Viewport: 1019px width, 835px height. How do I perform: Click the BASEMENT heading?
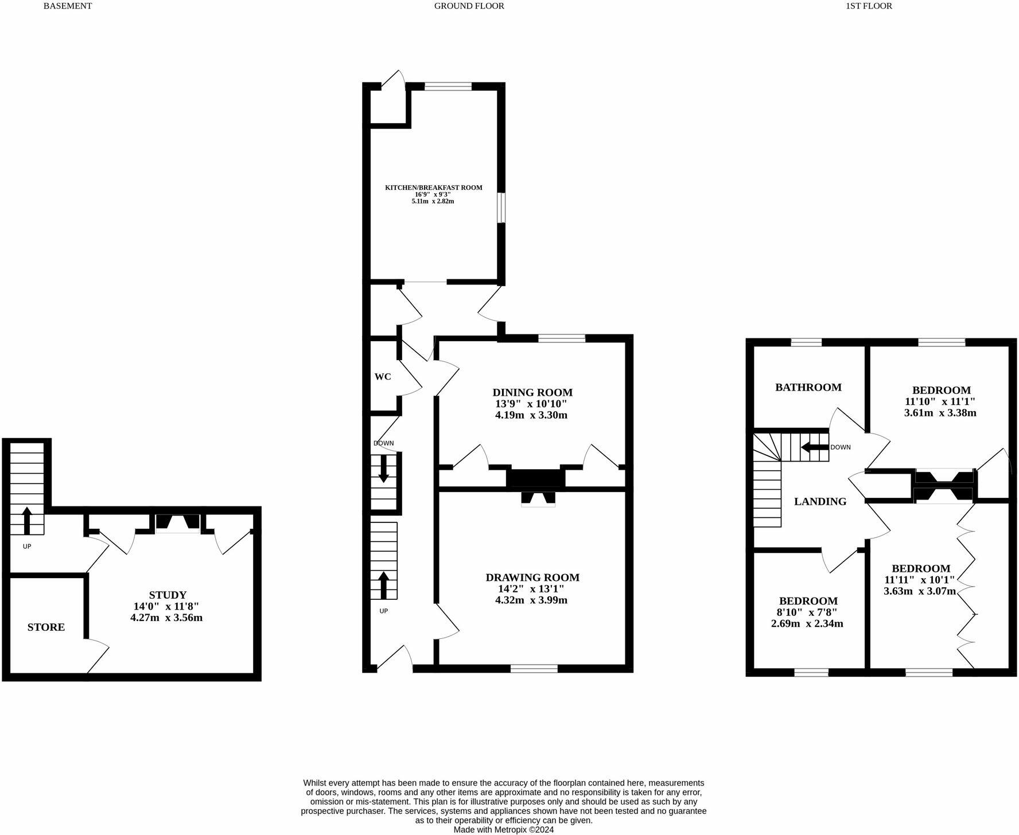(x=68, y=6)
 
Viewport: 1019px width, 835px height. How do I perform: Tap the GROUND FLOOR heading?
(x=469, y=6)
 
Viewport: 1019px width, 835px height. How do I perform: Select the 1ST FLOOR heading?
(x=869, y=6)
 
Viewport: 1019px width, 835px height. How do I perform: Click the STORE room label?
(x=46, y=627)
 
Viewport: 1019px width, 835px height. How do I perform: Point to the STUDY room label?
(x=168, y=595)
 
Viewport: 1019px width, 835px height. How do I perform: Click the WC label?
(x=383, y=377)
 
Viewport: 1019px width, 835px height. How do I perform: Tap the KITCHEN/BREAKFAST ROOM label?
(x=433, y=188)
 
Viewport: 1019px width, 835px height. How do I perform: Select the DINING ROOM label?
(x=532, y=393)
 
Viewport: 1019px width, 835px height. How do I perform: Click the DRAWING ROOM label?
(x=532, y=578)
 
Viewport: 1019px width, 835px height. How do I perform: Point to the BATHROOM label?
(x=808, y=388)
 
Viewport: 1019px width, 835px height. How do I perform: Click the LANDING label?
(x=820, y=502)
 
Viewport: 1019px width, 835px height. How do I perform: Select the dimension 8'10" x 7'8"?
(x=807, y=612)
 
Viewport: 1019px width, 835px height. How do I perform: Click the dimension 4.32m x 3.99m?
(x=531, y=600)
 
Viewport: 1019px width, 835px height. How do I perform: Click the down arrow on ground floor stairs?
(x=383, y=468)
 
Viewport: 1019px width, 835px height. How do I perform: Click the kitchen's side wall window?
(x=501, y=208)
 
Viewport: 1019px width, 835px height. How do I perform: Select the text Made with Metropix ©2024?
(x=504, y=829)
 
